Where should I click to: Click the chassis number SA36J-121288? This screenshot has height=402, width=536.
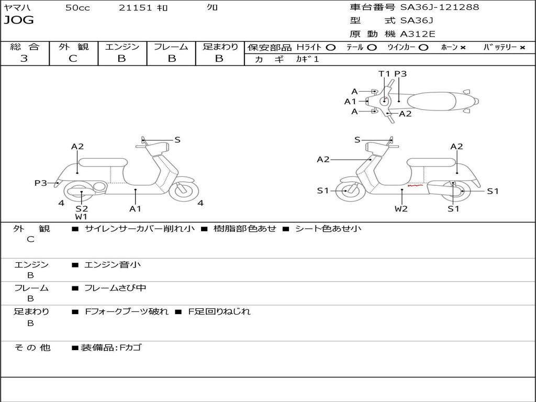pyautogui.click(x=439, y=7)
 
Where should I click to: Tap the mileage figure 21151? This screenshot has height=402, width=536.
pyautogui.click(x=135, y=7)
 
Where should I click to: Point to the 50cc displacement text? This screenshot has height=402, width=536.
pyautogui.click(x=77, y=7)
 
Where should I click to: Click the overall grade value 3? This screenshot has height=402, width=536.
pyautogui.click(x=24, y=59)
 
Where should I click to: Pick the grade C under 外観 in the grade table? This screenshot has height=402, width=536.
pyautogui.click(x=73, y=59)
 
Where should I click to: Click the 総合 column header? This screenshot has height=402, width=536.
pyautogui.click(x=25, y=47)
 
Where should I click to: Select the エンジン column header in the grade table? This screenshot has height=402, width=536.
pyautogui.click(x=122, y=47)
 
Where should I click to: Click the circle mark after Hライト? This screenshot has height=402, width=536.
pyautogui.click(x=330, y=47)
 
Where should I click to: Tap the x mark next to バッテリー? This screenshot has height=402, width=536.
pyautogui.click(x=522, y=48)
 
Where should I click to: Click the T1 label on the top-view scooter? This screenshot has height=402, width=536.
pyautogui.click(x=385, y=74)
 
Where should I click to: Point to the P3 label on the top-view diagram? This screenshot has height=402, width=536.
pyautogui.click(x=400, y=74)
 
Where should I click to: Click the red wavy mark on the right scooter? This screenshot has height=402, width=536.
pyautogui.click(x=416, y=185)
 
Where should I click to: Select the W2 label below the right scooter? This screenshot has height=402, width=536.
pyautogui.click(x=401, y=209)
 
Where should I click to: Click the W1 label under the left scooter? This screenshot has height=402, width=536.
pyautogui.click(x=81, y=216)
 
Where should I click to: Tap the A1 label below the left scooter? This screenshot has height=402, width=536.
pyautogui.click(x=136, y=209)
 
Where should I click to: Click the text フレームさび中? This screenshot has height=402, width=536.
pyautogui.click(x=115, y=288)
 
